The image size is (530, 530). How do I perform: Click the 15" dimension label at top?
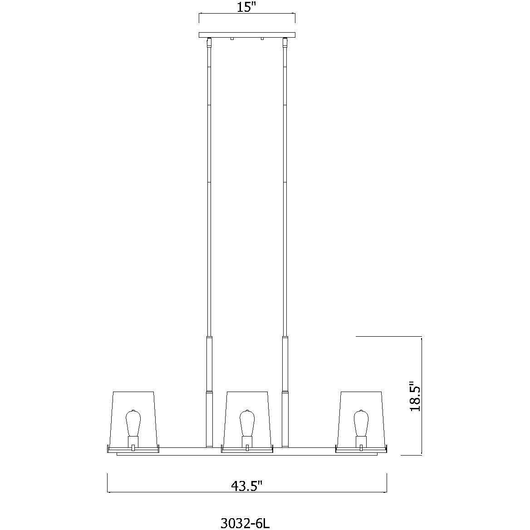[x=247, y=8]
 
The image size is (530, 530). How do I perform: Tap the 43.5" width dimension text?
[x=247, y=486]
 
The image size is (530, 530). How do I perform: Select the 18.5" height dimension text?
[x=415, y=396]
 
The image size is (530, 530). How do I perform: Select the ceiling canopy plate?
[x=247, y=35]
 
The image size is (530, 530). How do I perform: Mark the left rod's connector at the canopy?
[x=209, y=44]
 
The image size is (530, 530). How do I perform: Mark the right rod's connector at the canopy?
[x=285, y=44]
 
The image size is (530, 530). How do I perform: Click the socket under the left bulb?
[x=132, y=441]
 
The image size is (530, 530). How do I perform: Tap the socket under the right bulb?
[x=361, y=441]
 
